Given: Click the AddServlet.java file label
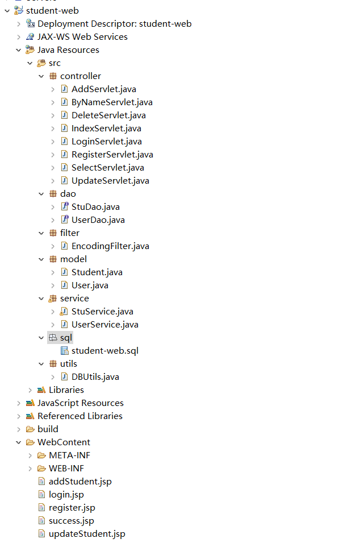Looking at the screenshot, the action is tap(103, 89).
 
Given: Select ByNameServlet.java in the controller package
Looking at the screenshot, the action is tap(111, 102).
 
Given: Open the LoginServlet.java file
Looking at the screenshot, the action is tap(106, 142).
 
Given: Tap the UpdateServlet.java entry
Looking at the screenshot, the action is tap(110, 181).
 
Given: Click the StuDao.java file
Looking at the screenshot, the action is tap(95, 207).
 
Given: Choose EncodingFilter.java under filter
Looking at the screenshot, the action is tap(110, 246).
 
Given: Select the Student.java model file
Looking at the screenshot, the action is tap(96, 272).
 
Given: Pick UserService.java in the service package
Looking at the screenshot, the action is tap(104, 325).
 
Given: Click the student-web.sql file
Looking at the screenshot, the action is tap(104, 351).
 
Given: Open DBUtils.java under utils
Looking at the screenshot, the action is tap(95, 377).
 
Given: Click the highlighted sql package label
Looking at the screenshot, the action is tap(66, 338).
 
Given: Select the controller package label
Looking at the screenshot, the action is tap(80, 76).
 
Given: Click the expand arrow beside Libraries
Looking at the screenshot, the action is tap(30, 390).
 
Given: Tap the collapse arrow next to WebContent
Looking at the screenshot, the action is tap(19, 442).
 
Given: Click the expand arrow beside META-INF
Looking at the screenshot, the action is tap(30, 455).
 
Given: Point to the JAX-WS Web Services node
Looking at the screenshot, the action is tap(82, 37).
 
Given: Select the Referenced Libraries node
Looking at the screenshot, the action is tap(79, 416).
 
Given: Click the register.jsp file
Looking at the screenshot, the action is tap(72, 508).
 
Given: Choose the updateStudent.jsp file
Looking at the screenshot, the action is tap(87, 534).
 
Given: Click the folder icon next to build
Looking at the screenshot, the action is tap(30, 429).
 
